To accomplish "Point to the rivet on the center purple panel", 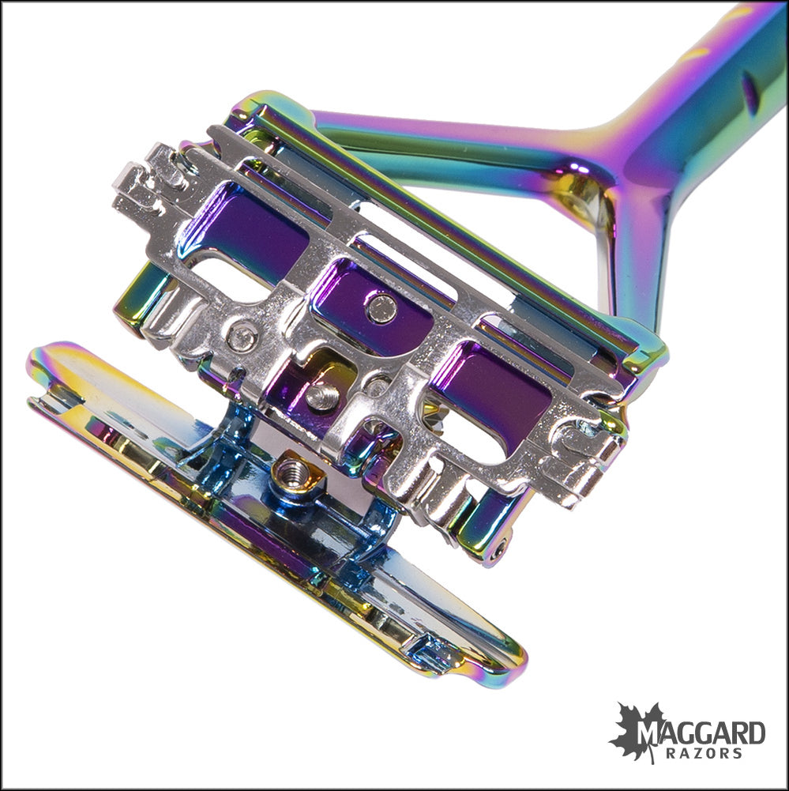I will click(x=381, y=307).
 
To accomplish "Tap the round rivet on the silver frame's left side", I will click(x=237, y=337).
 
